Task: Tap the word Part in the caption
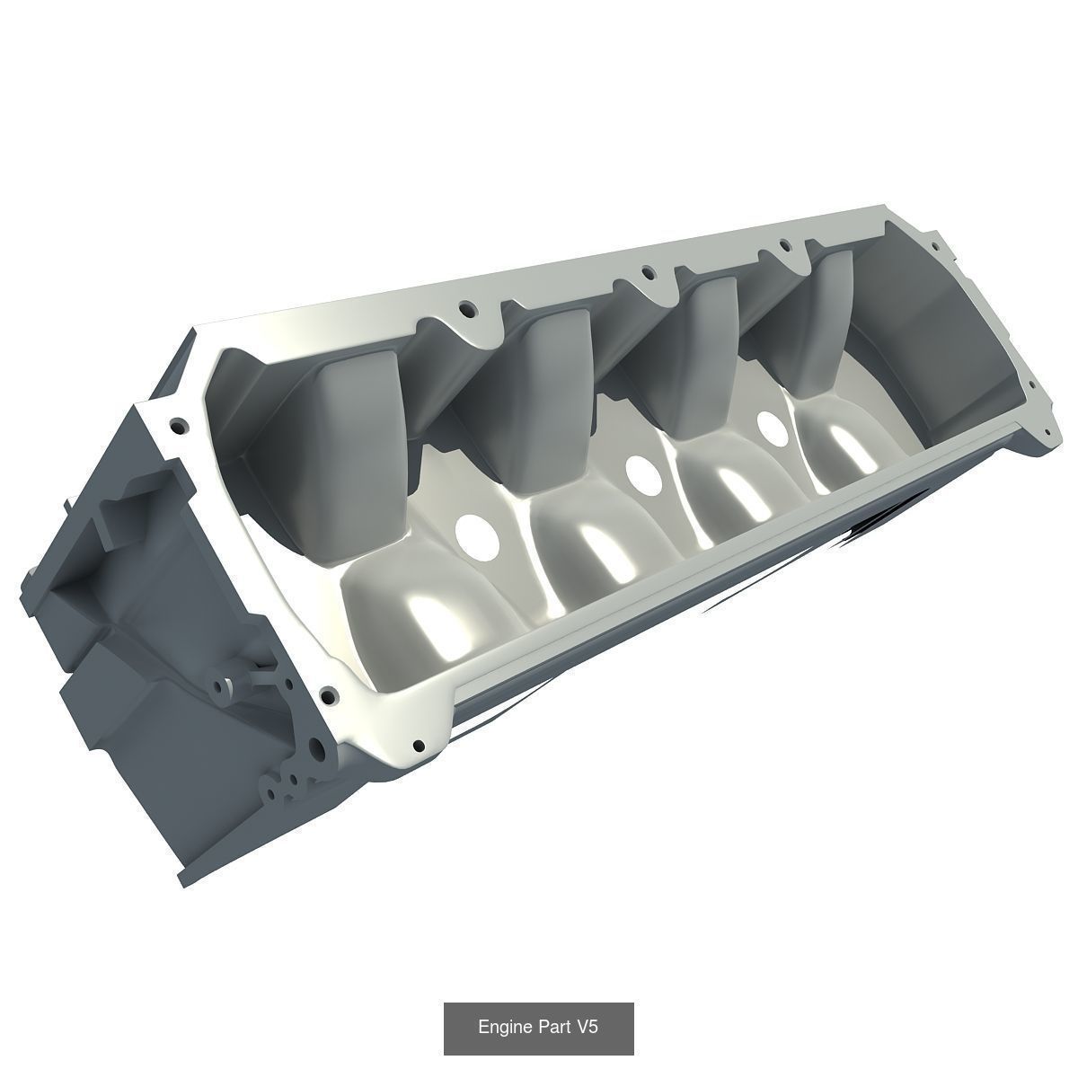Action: click(557, 1028)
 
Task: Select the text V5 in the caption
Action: click(588, 1028)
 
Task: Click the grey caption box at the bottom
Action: click(539, 1029)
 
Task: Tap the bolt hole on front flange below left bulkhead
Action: click(329, 694)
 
